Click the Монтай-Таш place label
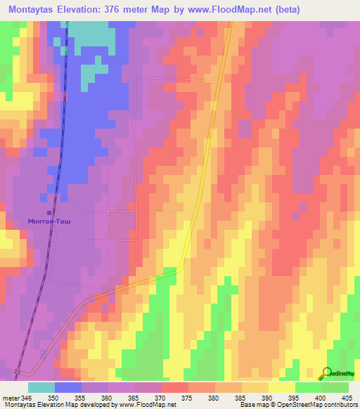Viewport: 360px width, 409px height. pos(49,221)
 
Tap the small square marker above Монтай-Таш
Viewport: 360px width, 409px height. pos(49,212)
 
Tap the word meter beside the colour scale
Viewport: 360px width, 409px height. pos(11,397)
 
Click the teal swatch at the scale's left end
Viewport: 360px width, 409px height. pos(41,387)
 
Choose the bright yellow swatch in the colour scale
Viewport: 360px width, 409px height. pos(281,387)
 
